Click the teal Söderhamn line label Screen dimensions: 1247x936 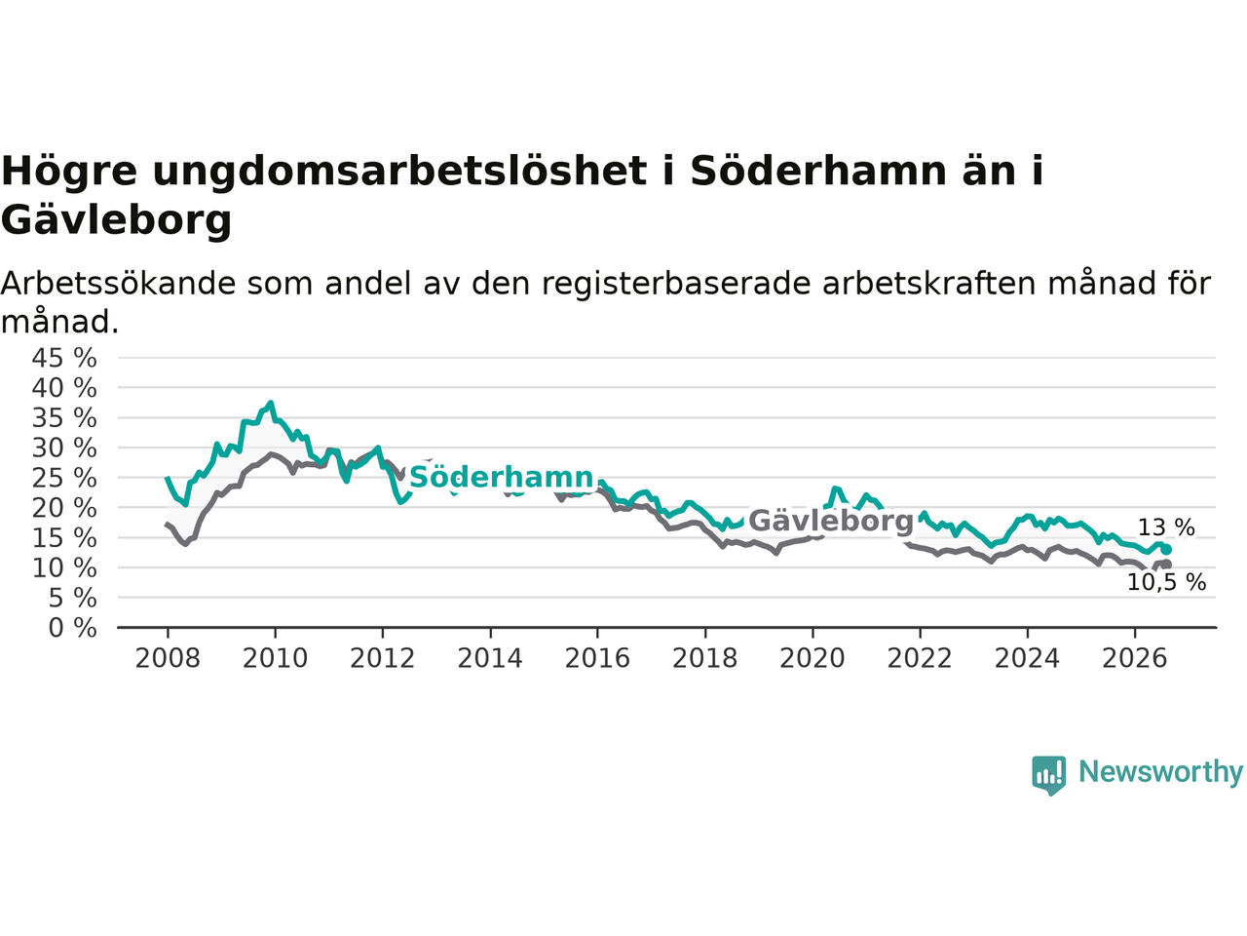pyautogui.click(x=501, y=478)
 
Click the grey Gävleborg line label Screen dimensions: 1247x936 pyautogui.click(x=831, y=521)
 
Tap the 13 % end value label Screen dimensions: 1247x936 pyautogui.click(x=1166, y=527)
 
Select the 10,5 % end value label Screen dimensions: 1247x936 pyautogui.click(x=1166, y=582)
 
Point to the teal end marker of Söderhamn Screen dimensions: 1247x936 pyautogui.click(x=1166, y=550)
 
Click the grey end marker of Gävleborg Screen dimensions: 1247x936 pyautogui.click(x=1166, y=565)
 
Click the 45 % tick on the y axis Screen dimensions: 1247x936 pyautogui.click(x=64, y=359)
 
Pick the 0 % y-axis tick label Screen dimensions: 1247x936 pyautogui.click(x=73, y=629)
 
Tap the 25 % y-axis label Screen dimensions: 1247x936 pyautogui.click(x=64, y=479)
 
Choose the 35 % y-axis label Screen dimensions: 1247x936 pyautogui.click(x=64, y=419)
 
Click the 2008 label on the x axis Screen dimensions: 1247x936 pyautogui.click(x=168, y=659)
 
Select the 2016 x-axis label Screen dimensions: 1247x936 pyautogui.click(x=597, y=659)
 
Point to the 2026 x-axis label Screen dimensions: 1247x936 pyautogui.click(x=1135, y=659)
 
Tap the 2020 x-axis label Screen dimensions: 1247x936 pyautogui.click(x=812, y=659)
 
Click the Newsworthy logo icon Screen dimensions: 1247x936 pyautogui.click(x=1048, y=775)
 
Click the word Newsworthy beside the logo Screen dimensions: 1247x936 pyautogui.click(x=1160, y=772)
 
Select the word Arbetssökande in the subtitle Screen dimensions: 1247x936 pyautogui.click(x=118, y=284)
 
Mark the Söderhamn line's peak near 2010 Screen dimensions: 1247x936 pyautogui.click(x=271, y=403)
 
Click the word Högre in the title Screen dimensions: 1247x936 pyautogui.click(x=69, y=172)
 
